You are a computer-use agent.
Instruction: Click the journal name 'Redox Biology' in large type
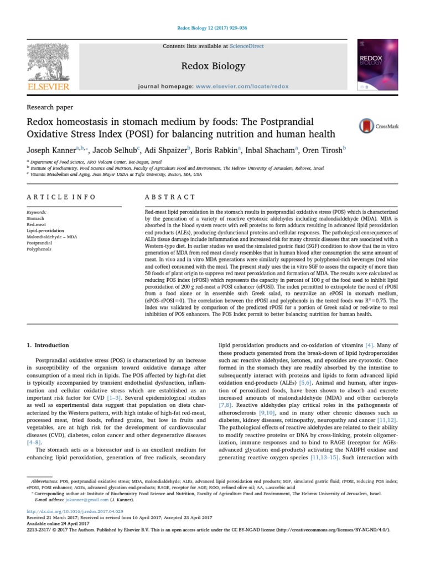coord(213,66)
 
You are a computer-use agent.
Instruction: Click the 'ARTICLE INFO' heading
coord(61,197)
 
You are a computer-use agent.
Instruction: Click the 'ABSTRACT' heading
coord(169,197)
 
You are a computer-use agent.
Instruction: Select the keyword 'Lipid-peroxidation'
coord(45,230)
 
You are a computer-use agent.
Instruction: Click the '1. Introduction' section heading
coord(48,345)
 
